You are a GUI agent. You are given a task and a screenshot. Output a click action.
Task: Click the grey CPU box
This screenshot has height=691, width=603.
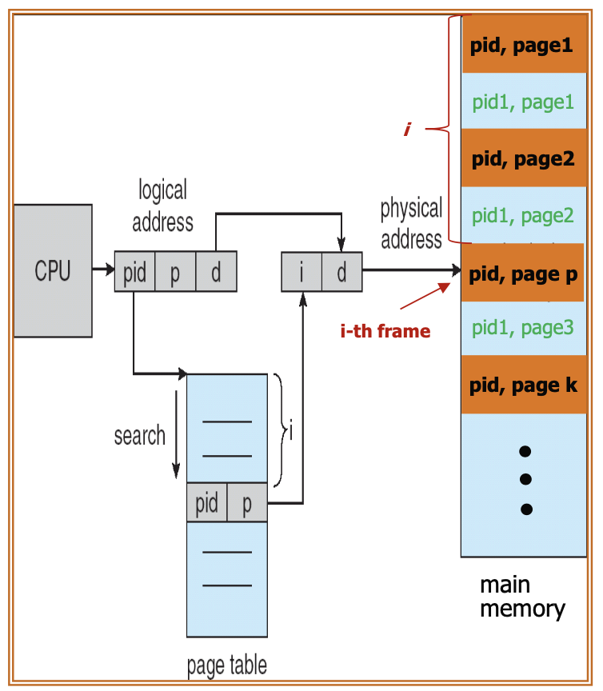click(x=53, y=270)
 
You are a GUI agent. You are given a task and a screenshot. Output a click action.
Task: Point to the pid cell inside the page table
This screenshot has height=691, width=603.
click(x=206, y=503)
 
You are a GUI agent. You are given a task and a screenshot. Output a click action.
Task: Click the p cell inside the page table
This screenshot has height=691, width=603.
click(x=247, y=503)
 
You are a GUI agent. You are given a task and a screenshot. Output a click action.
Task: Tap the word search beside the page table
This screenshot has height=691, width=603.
click(x=139, y=436)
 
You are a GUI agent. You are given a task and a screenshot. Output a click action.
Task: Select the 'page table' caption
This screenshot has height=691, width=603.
click(x=226, y=665)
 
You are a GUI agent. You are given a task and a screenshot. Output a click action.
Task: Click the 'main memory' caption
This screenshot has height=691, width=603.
click(x=522, y=597)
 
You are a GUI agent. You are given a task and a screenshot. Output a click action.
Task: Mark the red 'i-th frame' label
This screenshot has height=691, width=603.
click(x=385, y=330)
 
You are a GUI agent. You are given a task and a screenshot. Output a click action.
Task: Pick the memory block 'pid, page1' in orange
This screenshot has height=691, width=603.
click(x=524, y=45)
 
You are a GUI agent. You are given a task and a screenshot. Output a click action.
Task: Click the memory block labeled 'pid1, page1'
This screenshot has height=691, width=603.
click(x=524, y=102)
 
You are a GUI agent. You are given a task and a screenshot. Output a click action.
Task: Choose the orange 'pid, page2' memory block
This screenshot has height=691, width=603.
click(x=524, y=158)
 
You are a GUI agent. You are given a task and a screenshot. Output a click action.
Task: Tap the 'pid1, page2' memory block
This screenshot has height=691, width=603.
click(x=524, y=215)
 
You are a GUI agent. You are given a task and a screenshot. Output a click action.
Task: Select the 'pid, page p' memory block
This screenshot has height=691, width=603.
click(x=524, y=274)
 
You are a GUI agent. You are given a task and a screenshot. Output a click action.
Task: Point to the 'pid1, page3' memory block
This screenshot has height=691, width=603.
click(x=524, y=327)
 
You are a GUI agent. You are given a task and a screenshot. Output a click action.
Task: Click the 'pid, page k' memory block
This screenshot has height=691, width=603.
click(x=524, y=385)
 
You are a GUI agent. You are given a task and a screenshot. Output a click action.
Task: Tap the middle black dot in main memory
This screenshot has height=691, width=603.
click(x=525, y=480)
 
